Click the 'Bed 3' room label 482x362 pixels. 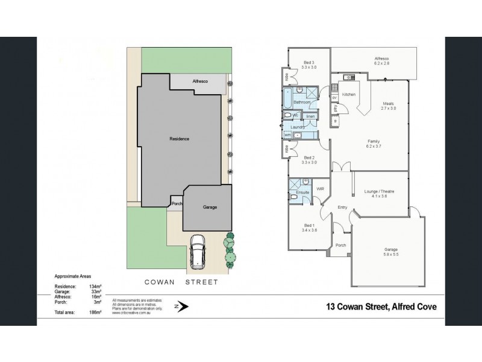308,63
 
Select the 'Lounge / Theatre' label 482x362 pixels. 379,191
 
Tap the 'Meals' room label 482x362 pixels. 388,103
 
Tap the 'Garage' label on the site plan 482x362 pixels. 210,207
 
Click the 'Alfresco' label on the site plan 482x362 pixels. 200,81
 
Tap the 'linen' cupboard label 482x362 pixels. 311,116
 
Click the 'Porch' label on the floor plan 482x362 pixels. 341,246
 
